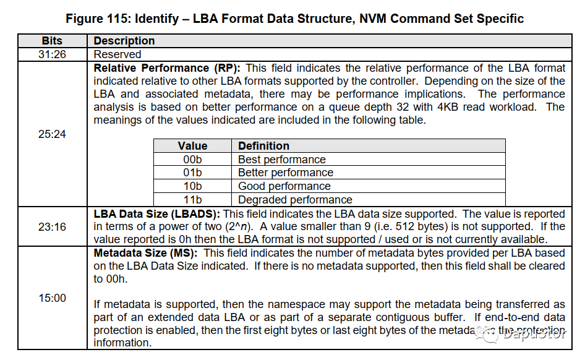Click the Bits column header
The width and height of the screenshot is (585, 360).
pos(52,41)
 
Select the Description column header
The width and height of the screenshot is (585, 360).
pos(124,41)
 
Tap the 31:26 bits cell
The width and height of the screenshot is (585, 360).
pos(52,54)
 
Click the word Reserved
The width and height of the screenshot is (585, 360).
pos(117,54)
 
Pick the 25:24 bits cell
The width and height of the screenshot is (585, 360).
pos(52,134)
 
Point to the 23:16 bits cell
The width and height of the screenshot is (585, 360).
pos(52,227)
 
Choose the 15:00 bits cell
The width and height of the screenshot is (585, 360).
pos(52,298)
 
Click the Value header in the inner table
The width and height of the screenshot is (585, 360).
pos(192,146)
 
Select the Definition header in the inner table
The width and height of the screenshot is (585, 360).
pos(264,146)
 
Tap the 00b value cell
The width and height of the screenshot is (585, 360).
pos(192,160)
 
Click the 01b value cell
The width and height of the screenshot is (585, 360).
pos(192,173)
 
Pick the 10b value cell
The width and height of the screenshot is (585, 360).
pos(192,186)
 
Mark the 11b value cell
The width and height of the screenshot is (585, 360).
pos(192,200)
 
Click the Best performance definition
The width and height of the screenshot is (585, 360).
pos(282,160)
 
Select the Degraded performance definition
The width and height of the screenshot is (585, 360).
pos(295,200)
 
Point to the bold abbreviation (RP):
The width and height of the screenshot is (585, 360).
pos(227,68)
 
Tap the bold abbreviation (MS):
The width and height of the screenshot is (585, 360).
pos(184,254)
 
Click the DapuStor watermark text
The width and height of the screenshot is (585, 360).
pos(534,333)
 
